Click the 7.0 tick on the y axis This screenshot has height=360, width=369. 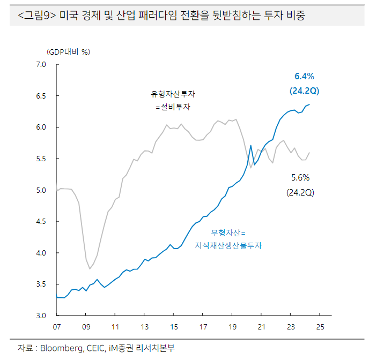41,65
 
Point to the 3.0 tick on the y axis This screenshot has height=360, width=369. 41,315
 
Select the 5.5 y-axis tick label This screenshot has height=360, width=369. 41,159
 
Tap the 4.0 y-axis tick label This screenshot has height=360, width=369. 41,252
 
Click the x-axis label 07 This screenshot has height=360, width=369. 57,326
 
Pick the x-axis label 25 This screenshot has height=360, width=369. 320,326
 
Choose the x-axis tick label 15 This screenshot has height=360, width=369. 174,326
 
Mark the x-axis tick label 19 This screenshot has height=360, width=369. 232,326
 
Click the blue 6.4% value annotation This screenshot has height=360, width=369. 304,76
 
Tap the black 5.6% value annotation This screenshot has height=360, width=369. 300,177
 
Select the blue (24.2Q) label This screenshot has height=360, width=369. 304,91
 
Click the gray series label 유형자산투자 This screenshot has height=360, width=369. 173,94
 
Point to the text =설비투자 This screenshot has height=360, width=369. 173,107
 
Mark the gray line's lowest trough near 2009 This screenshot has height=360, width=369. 90,268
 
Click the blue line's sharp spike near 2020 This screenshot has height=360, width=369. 250,145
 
